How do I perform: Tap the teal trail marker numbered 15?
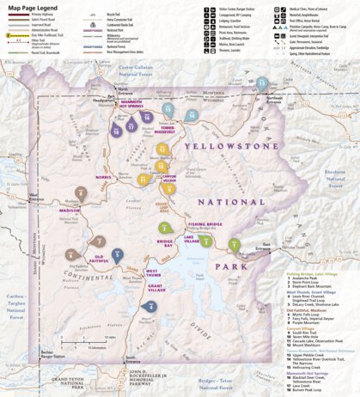pos(262,83)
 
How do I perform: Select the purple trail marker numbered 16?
pos(147,116)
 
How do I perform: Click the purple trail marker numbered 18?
pos(115,130)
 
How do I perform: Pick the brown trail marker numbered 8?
pos(80,193)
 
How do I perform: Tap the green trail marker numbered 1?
pos(234,245)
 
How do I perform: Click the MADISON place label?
pos(70,210)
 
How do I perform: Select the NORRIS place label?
pos(104,177)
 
